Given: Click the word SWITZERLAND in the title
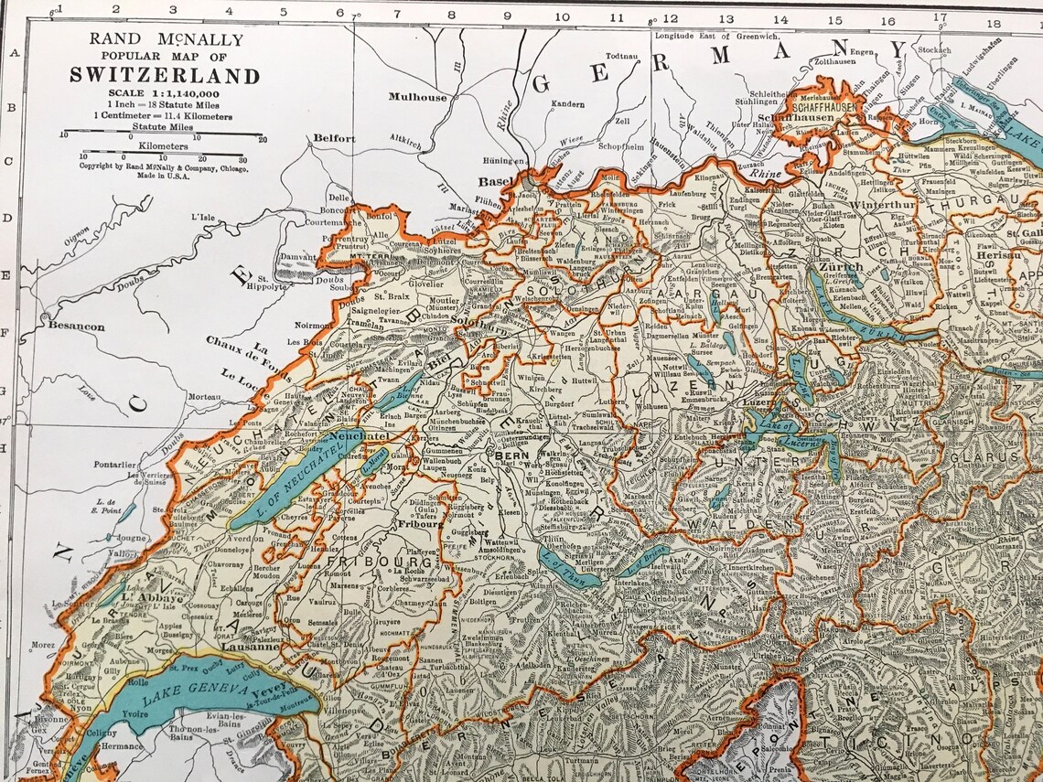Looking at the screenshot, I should (164, 75).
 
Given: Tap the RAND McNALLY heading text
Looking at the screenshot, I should (165, 39).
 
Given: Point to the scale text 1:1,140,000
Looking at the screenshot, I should (164, 93).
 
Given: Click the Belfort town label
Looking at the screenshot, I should (333, 138).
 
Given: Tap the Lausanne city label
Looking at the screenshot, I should (248, 647).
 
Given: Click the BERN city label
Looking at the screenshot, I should (508, 454).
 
